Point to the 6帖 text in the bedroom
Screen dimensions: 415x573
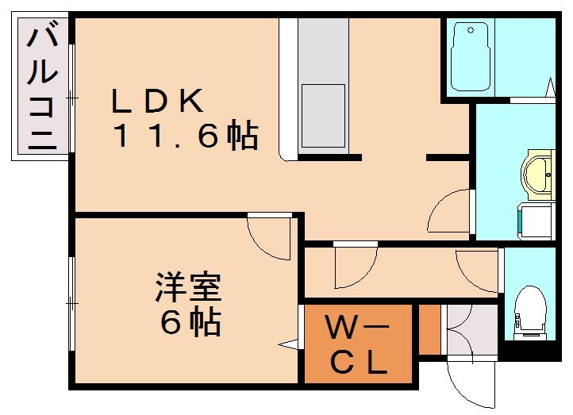point(189,322)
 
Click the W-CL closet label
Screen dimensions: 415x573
point(358,345)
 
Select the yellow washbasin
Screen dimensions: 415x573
point(539,170)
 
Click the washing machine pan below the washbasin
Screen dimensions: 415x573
point(536,220)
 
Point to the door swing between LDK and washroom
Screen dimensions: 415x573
point(449,210)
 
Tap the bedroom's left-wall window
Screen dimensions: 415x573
point(72,302)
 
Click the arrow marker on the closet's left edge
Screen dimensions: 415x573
point(291,344)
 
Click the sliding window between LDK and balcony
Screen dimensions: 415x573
point(72,98)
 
